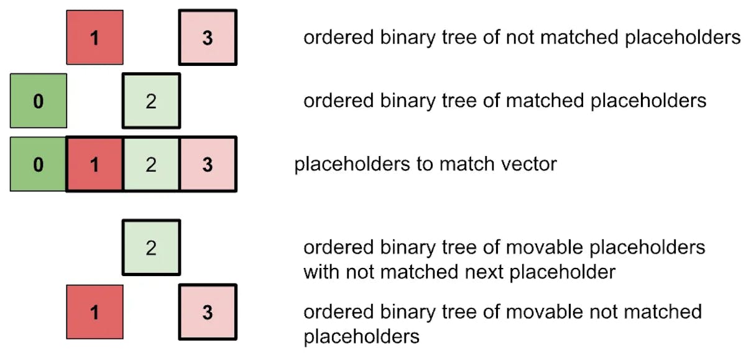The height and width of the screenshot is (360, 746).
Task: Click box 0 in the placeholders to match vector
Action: click(x=38, y=164)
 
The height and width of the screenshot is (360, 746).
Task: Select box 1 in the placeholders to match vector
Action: click(x=94, y=164)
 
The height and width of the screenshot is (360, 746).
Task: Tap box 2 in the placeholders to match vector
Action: click(x=151, y=164)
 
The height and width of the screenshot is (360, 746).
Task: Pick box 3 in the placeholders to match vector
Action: click(x=208, y=164)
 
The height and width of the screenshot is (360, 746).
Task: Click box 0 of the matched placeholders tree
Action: click(x=39, y=101)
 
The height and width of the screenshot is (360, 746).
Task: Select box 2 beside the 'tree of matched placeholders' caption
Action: click(x=151, y=101)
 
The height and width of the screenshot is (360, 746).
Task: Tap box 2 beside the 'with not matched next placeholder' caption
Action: click(x=151, y=247)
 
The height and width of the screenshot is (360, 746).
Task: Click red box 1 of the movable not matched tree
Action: click(x=94, y=312)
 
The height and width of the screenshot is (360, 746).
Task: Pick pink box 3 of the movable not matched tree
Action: click(x=208, y=312)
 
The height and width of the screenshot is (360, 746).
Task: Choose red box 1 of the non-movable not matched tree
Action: click(x=94, y=37)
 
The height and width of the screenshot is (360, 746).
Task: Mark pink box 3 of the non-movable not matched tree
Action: click(x=208, y=37)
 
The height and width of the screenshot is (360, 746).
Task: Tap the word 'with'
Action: click(x=322, y=272)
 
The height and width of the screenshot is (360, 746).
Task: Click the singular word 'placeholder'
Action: click(x=563, y=272)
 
